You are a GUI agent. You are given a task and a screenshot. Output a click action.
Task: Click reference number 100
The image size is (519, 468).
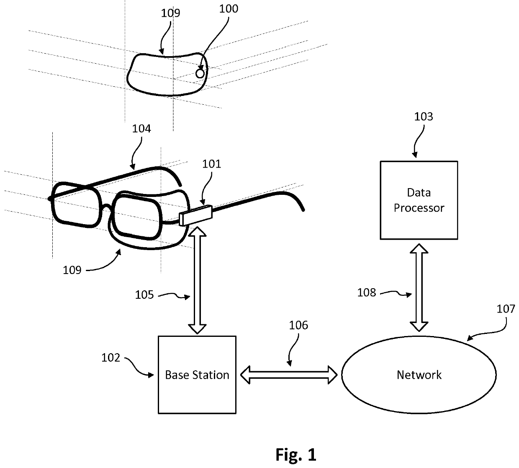(229, 9)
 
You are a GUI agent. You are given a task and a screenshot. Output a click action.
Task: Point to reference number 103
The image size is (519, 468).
(424, 117)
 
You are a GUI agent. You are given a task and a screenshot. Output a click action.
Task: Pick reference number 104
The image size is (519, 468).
(141, 129)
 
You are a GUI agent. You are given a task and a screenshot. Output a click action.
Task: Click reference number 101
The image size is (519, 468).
(212, 164)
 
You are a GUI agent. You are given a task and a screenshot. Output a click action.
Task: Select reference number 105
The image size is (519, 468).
(144, 295)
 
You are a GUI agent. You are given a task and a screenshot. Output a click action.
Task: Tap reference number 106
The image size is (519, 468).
(298, 325)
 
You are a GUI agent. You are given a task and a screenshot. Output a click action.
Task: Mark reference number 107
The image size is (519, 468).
(506, 309)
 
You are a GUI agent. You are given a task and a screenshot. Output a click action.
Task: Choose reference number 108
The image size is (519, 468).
(367, 293)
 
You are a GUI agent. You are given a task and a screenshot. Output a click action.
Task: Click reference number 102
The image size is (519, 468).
(111, 358)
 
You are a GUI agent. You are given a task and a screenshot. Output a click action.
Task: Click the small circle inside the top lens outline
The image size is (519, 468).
(200, 74)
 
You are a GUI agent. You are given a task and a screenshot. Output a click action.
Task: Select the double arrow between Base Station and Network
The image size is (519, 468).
(289, 375)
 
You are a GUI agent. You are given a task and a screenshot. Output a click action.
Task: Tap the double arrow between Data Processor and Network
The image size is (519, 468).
(419, 287)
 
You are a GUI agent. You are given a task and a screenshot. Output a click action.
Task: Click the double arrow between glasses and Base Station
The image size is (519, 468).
(197, 280)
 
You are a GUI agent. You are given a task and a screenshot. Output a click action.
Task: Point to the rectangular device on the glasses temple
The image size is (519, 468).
(196, 215)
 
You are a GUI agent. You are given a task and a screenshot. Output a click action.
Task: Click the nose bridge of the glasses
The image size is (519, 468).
(106, 207)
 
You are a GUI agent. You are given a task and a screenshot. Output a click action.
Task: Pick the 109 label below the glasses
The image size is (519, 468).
(72, 270)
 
